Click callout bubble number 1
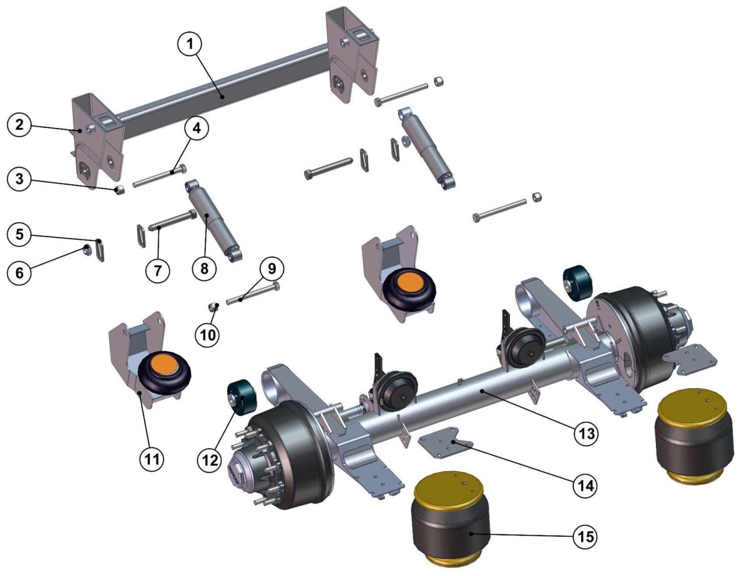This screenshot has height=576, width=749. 190,44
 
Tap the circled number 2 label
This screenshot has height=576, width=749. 19,124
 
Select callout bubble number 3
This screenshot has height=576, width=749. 19,179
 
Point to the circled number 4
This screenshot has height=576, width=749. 197,128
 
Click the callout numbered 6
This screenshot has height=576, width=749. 19,273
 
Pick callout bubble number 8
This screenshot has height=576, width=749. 205,268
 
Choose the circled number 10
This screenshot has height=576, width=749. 207,334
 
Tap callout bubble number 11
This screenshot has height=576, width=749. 152,459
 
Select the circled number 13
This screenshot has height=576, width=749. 586,433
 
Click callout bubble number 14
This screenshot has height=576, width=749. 585,486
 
